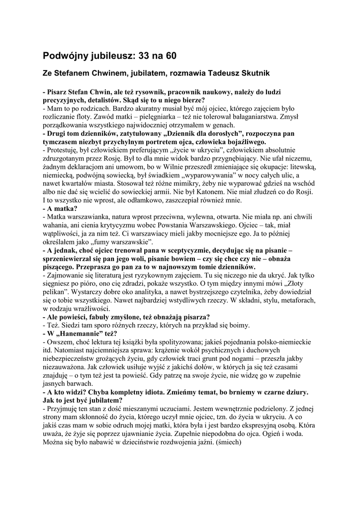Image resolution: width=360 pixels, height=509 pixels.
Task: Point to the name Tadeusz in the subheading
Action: [x=205, y=73]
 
